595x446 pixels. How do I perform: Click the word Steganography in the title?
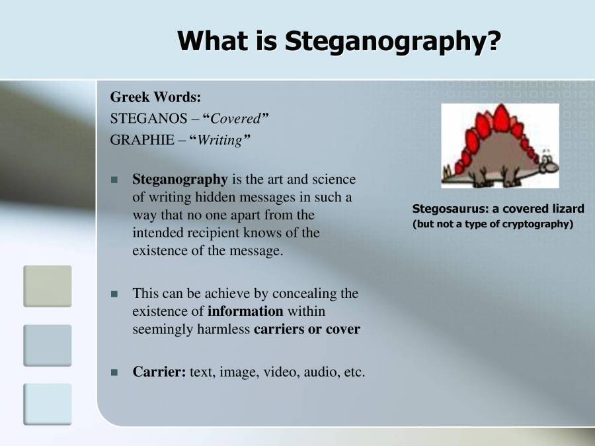(x=392, y=41)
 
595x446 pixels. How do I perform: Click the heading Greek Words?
(x=155, y=97)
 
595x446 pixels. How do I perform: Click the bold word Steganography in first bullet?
(x=180, y=179)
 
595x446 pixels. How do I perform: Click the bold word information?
(x=245, y=311)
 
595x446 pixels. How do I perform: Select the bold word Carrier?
(x=159, y=371)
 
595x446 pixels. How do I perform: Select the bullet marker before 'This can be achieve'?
(x=114, y=293)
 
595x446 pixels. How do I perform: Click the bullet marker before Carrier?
(x=114, y=373)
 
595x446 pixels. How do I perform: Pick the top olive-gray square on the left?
(x=47, y=285)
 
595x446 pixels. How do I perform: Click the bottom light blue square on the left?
(x=47, y=404)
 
